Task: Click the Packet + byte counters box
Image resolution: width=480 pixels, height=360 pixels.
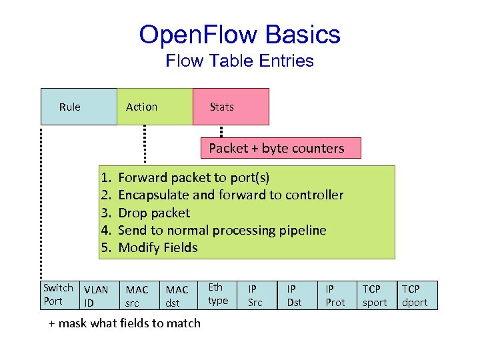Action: [x=281, y=148]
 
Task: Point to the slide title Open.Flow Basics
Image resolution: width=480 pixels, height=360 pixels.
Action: [x=239, y=35]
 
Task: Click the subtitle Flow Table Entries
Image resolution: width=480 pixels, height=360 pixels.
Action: [x=239, y=61]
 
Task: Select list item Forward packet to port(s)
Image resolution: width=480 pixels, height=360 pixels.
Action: [x=193, y=178]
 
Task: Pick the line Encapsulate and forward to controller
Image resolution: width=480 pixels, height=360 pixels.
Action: [x=230, y=195]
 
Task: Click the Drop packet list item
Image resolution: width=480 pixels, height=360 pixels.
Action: [x=153, y=213]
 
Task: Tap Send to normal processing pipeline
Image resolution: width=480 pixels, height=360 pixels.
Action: [x=222, y=230]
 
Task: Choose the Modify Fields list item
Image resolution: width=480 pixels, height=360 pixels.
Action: [x=157, y=247]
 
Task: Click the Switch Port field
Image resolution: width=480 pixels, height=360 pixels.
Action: [x=58, y=295]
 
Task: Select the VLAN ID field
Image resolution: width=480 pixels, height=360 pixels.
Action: [x=96, y=296]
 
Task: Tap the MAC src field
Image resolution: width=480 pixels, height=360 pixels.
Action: [x=137, y=296]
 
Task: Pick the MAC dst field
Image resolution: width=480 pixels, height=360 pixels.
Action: [x=177, y=296]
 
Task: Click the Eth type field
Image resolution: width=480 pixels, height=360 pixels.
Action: [x=218, y=294]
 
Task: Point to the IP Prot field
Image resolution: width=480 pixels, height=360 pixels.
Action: [x=335, y=295]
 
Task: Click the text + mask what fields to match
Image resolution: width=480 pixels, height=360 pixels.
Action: [x=125, y=323]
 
